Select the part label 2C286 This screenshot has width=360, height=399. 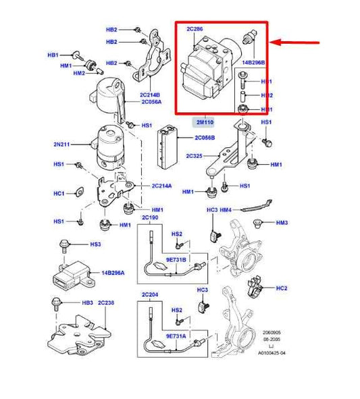[195, 30]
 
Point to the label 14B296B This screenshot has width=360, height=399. [254, 62]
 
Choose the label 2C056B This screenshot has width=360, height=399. [205, 137]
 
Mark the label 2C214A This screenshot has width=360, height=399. [162, 186]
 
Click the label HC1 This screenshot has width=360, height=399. [59, 194]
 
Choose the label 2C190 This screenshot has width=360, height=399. [149, 218]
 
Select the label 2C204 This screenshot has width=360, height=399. [149, 295]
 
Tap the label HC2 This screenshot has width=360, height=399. [282, 288]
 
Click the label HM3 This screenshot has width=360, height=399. [282, 223]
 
